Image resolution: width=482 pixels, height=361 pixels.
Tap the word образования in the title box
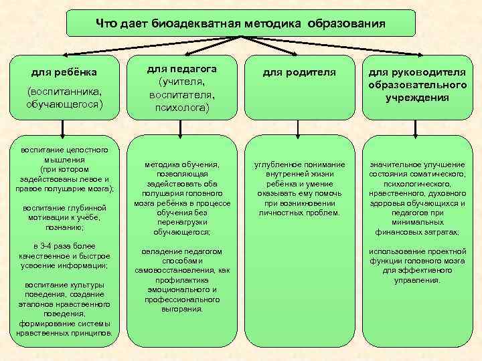click(x=347, y=24)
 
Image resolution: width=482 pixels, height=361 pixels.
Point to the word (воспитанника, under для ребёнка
click(x=64, y=92)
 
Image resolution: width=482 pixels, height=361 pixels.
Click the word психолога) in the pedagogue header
click(x=182, y=107)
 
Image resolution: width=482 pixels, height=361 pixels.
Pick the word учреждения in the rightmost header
click(x=416, y=98)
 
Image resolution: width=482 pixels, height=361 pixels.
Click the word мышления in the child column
click(x=64, y=160)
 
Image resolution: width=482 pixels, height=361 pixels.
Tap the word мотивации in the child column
click(x=50, y=217)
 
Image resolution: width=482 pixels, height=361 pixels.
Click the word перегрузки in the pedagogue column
click(x=182, y=221)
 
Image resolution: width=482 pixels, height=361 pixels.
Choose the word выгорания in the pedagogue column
click(x=182, y=309)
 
